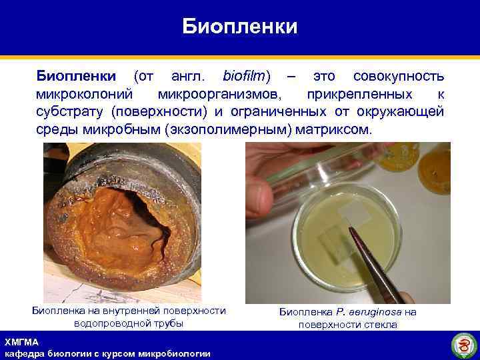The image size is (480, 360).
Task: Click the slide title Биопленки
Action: pyautogui.click(x=240, y=27)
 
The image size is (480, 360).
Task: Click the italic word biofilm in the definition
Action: pyautogui.click(x=247, y=77)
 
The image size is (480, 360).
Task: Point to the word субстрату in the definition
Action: pyautogui.click(x=69, y=111)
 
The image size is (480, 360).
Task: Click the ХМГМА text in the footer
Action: pyautogui.click(x=21, y=342)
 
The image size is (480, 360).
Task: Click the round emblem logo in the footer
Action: pyautogui.click(x=463, y=345)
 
